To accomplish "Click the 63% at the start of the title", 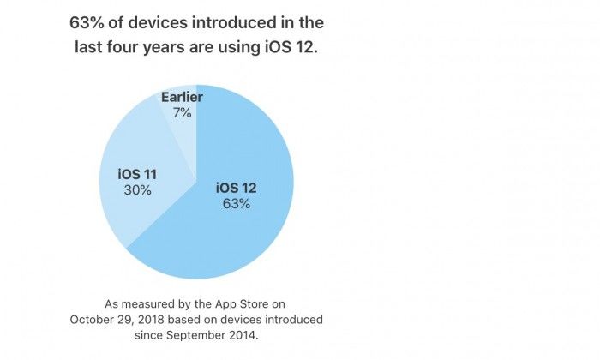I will pyautogui.click(x=87, y=22).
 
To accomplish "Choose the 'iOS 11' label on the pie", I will pyautogui.click(x=137, y=175).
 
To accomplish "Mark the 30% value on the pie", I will pyautogui.click(x=137, y=190).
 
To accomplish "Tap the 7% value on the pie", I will pyautogui.click(x=182, y=113).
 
